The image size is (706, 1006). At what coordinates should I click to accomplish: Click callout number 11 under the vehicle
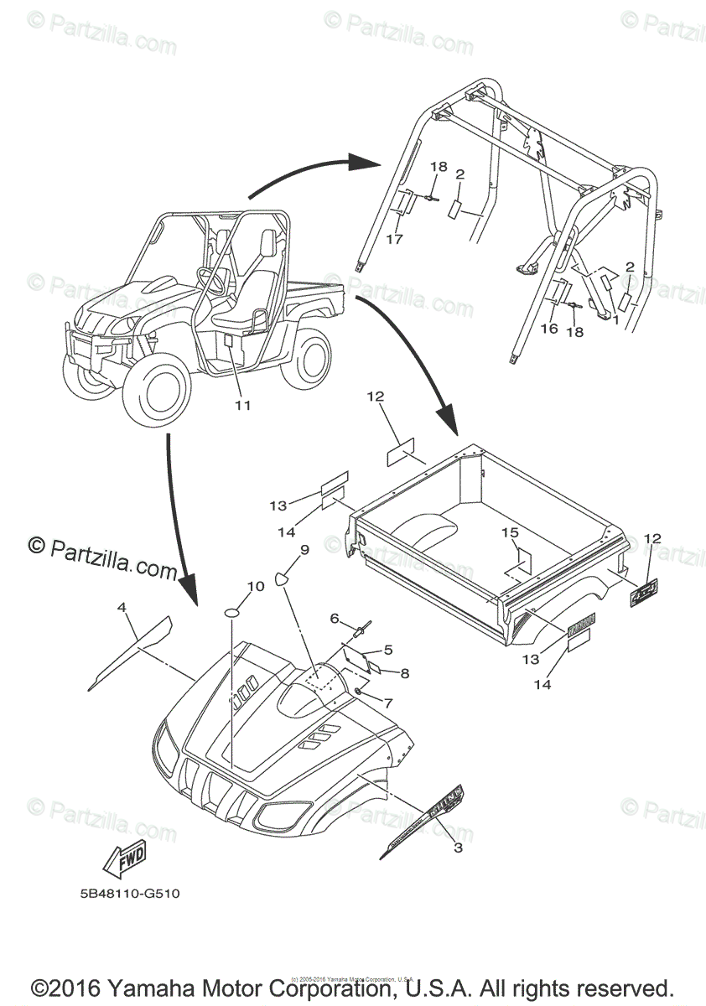[x=242, y=405]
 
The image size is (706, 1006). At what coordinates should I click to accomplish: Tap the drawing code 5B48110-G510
[x=124, y=894]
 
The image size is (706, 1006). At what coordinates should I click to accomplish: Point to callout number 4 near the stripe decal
[x=122, y=605]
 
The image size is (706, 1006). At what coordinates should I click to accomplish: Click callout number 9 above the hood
[x=304, y=550]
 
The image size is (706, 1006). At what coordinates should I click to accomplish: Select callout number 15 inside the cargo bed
[x=510, y=532]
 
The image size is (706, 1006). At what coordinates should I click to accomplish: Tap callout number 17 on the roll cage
[x=394, y=239]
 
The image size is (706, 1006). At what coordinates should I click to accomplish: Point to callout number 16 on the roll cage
[x=548, y=329]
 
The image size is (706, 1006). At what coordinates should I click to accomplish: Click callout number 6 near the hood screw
[x=334, y=619]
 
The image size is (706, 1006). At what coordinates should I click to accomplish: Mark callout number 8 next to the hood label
[x=404, y=672]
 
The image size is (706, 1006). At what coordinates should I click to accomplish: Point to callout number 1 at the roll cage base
[x=615, y=320]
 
